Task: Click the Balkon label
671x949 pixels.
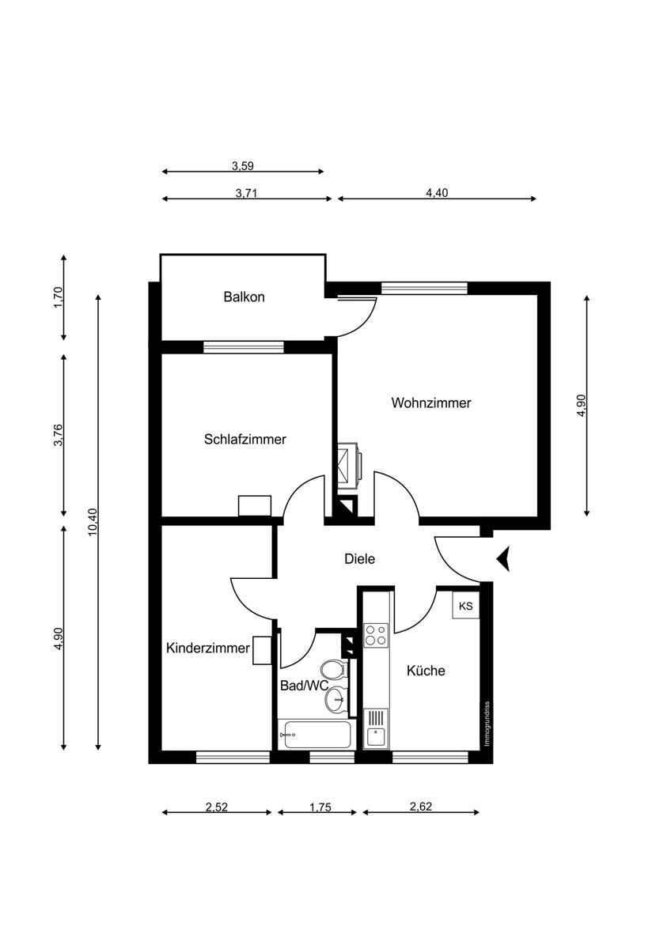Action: click(x=244, y=297)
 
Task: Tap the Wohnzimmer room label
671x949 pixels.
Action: click(x=430, y=403)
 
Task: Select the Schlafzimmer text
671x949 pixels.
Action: click(x=245, y=439)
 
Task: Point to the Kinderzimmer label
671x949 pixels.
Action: click(x=207, y=648)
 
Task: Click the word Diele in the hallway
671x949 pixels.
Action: click(x=359, y=558)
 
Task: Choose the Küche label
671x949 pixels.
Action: click(x=426, y=671)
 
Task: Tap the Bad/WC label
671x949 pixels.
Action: click(x=303, y=686)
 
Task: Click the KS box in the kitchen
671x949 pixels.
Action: click(x=466, y=606)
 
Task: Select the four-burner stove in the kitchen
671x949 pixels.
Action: click(x=375, y=635)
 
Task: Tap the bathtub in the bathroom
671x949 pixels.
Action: click(x=314, y=734)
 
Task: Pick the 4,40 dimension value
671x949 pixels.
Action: click(x=437, y=192)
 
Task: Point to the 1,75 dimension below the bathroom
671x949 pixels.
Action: click(x=317, y=807)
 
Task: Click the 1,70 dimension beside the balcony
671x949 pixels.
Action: click(x=58, y=297)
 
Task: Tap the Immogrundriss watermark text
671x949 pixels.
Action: click(x=488, y=724)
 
